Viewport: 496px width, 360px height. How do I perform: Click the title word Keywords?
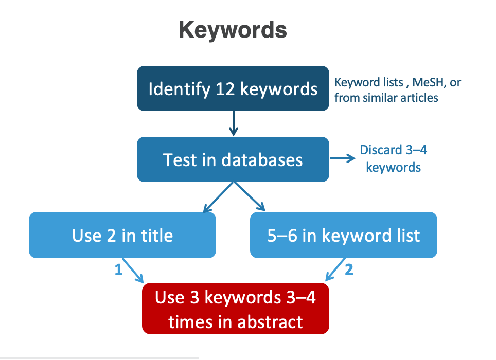point(233,30)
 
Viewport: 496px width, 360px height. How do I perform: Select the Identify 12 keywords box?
point(233,88)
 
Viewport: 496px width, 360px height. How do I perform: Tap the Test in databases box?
point(233,159)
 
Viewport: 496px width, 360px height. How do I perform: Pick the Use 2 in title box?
point(122,235)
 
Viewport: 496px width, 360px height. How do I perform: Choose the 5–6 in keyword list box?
point(344,235)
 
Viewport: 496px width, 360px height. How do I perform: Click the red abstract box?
point(236,309)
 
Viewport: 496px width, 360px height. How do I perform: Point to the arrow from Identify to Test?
point(234,123)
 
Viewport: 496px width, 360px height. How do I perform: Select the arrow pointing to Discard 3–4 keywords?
point(343,158)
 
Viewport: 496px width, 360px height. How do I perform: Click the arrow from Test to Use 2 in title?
point(218,197)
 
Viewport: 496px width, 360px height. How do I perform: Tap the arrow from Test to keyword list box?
point(249,196)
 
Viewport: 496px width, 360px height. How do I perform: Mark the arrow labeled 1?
point(133,271)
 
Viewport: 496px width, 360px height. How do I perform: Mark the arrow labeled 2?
point(335,269)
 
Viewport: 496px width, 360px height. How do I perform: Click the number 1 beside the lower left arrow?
point(119,269)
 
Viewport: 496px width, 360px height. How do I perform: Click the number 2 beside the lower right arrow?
point(349,269)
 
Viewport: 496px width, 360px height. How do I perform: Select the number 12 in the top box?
point(225,89)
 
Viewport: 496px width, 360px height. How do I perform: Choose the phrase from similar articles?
point(386,98)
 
